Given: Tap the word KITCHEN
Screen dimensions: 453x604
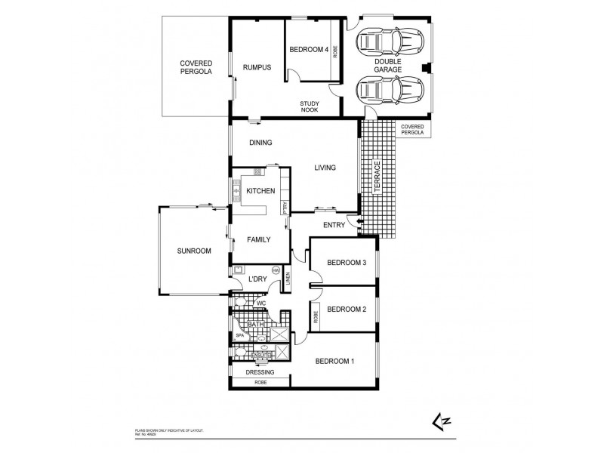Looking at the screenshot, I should (x=260, y=191).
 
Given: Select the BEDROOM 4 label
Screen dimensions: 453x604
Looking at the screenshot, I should (x=309, y=51).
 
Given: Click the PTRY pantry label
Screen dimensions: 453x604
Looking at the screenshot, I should (x=285, y=208).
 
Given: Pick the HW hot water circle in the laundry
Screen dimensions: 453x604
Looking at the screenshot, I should (x=276, y=270).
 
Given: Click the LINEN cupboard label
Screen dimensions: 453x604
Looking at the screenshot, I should (x=288, y=281).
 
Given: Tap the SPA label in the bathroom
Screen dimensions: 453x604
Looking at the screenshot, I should (x=240, y=334).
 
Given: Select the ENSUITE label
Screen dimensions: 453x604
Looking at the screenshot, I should (x=261, y=353).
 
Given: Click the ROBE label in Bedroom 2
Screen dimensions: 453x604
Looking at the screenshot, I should (x=315, y=316).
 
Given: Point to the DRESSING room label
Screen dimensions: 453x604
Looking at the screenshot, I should (x=259, y=372).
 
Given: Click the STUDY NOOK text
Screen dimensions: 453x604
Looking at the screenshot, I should (x=309, y=106).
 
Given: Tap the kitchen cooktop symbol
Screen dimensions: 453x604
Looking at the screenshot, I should (x=257, y=172).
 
